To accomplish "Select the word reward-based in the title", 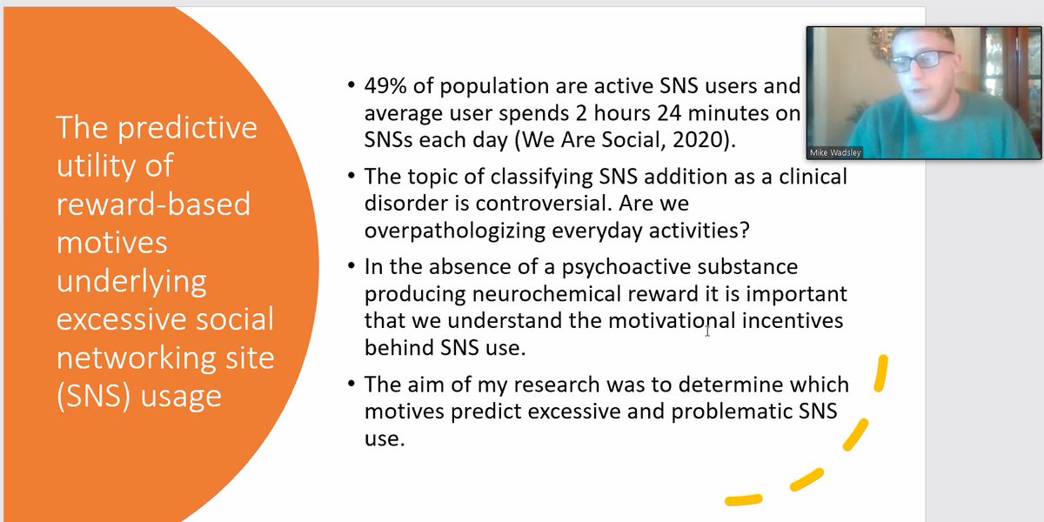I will [x=153, y=204].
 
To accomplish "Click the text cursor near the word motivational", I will [x=707, y=330].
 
